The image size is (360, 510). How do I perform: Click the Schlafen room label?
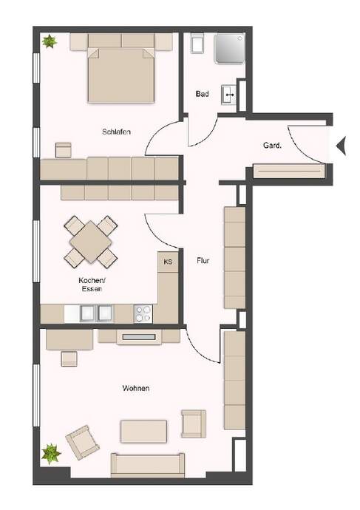click(x=116, y=132)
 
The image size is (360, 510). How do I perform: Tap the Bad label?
click(x=202, y=94)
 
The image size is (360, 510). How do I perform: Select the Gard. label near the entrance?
click(x=272, y=146)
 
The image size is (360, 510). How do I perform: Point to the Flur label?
click(x=203, y=260)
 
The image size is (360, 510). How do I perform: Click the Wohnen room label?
click(x=135, y=388)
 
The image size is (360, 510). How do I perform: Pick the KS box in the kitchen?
click(x=168, y=262)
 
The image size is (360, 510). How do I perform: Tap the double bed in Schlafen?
click(x=121, y=75)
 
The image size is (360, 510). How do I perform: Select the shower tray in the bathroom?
click(x=229, y=48)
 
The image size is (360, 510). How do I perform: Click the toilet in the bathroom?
click(x=197, y=44)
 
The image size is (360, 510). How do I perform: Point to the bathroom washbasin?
click(x=229, y=95)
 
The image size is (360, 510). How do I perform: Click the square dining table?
click(x=90, y=242)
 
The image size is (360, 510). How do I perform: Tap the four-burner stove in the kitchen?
click(x=143, y=313)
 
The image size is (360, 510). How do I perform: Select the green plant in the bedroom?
click(x=50, y=41)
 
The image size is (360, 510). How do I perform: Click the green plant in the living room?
click(x=51, y=453)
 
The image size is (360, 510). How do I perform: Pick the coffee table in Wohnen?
click(x=143, y=432)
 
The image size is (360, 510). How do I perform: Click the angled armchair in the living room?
click(x=83, y=442)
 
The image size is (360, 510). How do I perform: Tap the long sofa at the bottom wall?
click(x=148, y=465)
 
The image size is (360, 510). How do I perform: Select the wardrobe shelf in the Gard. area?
click(x=289, y=171)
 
